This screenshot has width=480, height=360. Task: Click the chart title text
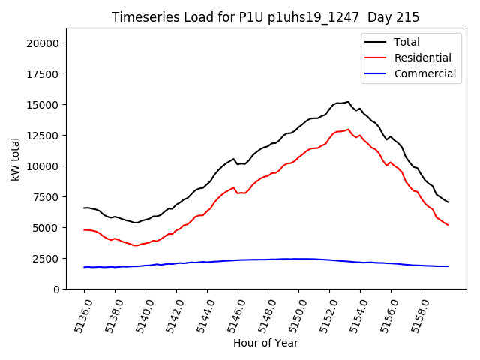(265, 17)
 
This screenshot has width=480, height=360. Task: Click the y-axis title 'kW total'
(16, 158)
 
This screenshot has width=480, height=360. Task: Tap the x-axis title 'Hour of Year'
(265, 343)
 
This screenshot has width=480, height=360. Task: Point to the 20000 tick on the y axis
(43, 43)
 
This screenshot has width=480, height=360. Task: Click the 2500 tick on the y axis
(46, 259)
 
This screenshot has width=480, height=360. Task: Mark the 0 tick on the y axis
(56, 289)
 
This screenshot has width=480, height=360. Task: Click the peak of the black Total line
(348, 101)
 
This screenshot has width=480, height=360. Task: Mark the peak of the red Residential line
(348, 129)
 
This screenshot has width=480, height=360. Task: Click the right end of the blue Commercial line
(448, 266)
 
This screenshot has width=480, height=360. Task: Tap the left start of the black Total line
(84, 208)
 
